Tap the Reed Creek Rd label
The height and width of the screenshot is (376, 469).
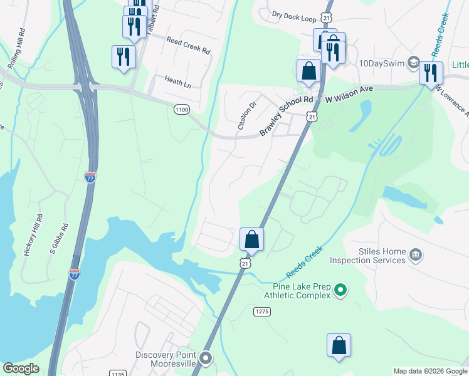[x=188, y=45]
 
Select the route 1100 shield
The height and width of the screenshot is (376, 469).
[x=181, y=109]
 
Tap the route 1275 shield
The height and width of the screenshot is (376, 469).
[x=262, y=311]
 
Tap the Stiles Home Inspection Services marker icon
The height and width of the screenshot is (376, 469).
[x=415, y=255]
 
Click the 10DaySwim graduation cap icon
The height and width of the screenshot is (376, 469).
[x=413, y=63]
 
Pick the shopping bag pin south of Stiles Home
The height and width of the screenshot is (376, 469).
[x=339, y=346]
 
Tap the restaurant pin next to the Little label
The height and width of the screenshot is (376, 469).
[x=431, y=73]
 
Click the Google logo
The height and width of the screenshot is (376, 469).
[x=21, y=368]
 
